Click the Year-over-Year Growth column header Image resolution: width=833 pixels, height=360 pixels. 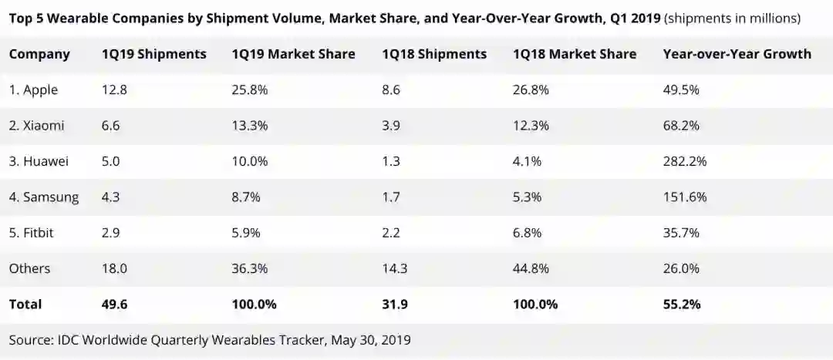coord(737,54)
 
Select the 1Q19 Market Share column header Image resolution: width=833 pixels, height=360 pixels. coord(293,54)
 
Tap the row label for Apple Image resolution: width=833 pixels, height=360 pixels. coord(33,90)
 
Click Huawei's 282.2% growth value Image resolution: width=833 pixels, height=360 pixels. coord(685,162)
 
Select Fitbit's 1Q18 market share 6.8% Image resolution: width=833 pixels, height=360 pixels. coord(530,233)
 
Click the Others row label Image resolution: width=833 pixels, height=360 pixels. coord(29,268)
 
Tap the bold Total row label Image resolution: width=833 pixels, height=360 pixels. coord(25,304)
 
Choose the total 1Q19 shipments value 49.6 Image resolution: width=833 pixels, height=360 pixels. coord(114,304)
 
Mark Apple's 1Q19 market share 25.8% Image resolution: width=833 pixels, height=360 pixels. coord(249,90)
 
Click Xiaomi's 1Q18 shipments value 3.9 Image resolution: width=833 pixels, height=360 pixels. coord(391,126)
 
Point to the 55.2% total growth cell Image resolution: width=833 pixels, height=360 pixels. coord(681,304)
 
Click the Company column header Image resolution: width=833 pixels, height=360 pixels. coord(39,54)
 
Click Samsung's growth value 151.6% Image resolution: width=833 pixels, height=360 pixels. coord(685,197)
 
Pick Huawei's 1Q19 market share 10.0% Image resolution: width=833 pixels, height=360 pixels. coord(249,162)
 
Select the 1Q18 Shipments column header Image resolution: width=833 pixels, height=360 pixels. coord(434,54)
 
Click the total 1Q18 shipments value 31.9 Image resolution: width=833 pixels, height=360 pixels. coord(394,304)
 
